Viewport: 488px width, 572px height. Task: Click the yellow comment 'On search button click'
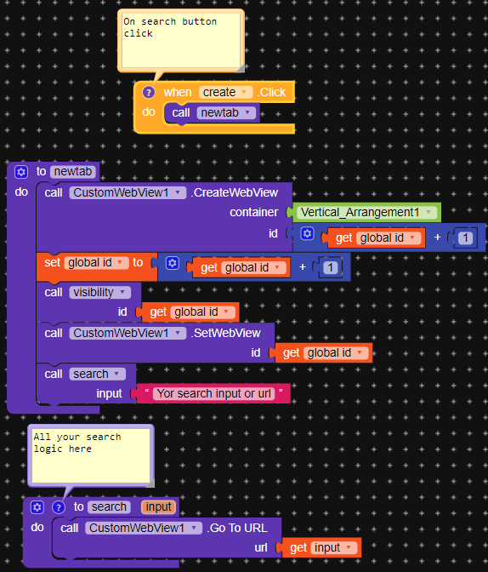pos(181,38)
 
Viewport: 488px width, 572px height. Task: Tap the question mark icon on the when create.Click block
pos(149,92)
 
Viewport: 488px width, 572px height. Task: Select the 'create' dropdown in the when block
pos(225,92)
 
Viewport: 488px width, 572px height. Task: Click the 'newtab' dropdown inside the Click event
pos(227,112)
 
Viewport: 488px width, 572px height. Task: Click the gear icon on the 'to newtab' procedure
pos(21,171)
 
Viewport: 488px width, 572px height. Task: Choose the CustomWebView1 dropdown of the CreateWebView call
pos(128,192)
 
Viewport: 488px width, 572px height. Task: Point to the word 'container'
pos(253,212)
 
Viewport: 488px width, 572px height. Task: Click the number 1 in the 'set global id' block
pos(331,267)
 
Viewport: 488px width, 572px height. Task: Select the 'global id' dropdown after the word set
pos(97,263)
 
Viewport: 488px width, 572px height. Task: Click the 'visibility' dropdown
pos(99,292)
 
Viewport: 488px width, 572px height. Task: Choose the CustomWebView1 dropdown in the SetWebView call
pos(128,333)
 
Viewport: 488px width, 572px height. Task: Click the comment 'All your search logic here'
pos(90,454)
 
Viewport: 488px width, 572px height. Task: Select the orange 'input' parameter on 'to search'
pos(158,506)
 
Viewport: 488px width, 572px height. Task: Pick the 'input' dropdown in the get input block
pos(332,548)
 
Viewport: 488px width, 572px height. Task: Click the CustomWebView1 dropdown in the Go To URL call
pos(144,528)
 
